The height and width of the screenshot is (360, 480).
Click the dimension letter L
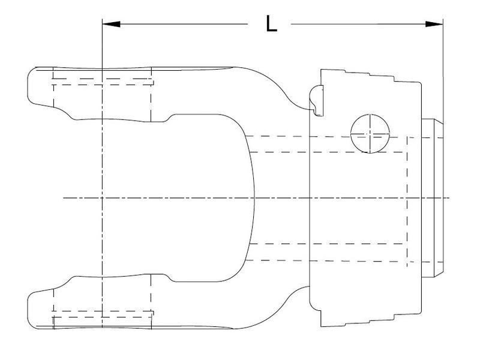tap(271, 23)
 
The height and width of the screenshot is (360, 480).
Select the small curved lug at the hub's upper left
tap(317, 98)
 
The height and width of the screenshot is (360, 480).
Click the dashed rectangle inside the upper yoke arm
tap(102, 82)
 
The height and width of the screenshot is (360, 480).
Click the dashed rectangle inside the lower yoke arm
tap(102, 314)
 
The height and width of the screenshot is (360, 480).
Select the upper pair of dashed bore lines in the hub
tap(327, 143)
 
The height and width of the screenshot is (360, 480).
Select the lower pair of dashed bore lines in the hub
tap(327, 252)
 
